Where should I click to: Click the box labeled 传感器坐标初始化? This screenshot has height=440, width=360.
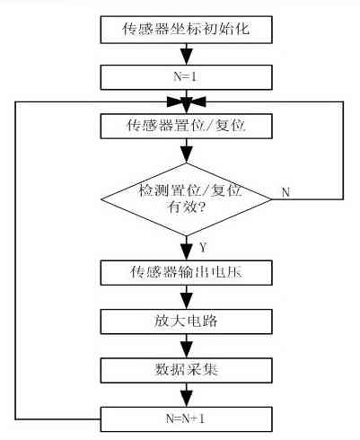tap(186, 30)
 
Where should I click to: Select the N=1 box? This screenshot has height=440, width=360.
tap(186, 77)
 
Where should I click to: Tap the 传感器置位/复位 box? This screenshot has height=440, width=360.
tap(186, 126)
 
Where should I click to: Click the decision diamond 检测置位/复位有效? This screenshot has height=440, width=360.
tap(186, 199)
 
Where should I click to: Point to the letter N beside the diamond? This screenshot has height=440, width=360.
tap(285, 192)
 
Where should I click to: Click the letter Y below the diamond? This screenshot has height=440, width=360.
tap(203, 248)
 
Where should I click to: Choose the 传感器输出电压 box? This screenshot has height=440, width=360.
tap(186, 272)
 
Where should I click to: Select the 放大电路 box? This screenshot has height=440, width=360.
tap(186, 321)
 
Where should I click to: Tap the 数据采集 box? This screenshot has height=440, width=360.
tap(186, 371)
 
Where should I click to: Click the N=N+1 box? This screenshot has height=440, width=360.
tap(186, 419)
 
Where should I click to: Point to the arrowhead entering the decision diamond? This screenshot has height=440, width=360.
tap(187, 155)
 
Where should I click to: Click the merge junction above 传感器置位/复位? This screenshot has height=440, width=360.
tap(187, 102)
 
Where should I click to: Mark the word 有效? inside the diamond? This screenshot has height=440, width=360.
tap(186, 207)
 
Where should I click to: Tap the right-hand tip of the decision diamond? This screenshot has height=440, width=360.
tap(271, 199)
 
